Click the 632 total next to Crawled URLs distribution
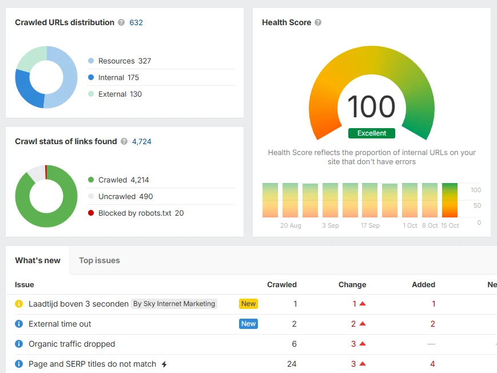(136, 23)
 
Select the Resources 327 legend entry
(124, 61)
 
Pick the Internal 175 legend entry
(118, 78)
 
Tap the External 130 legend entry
(120, 94)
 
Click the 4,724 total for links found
(142, 142)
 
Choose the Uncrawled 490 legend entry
(125, 197)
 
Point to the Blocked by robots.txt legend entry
(141, 213)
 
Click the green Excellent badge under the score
(372, 133)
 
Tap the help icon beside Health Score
(318, 23)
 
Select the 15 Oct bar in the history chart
(450, 200)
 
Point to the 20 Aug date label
(291, 226)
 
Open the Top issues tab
(100, 261)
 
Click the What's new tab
(38, 261)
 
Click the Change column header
(352, 285)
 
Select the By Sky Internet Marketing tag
(174, 304)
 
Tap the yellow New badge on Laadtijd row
(248, 304)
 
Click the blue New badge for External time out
(248, 324)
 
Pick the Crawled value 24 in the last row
(292, 364)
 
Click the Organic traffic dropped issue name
(71, 344)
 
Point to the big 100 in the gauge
(371, 107)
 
